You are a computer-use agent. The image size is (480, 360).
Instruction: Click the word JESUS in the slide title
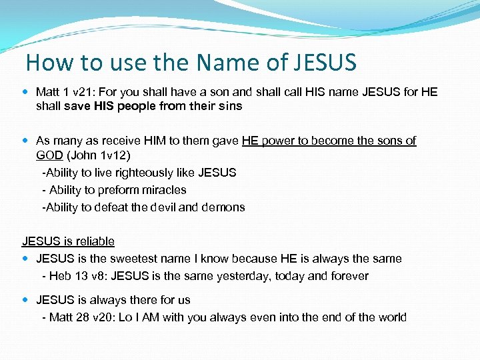coord(324,63)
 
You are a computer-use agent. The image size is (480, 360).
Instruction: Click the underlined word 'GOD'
coord(49,155)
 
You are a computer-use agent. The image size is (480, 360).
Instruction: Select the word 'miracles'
coord(165,190)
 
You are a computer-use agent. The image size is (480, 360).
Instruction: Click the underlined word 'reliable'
coord(95,241)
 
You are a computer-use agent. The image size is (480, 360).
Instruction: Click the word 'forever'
coord(347,276)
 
